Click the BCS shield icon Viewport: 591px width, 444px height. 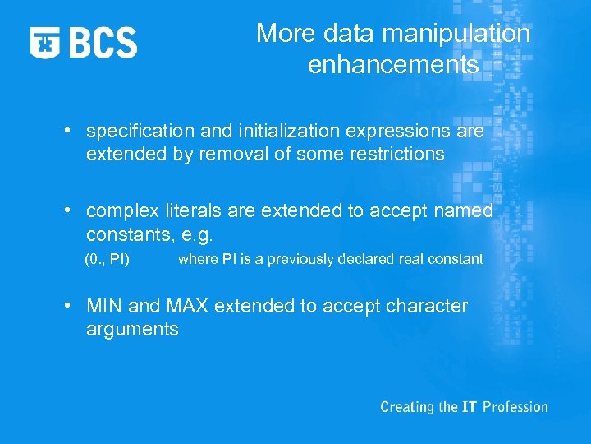[x=46, y=42]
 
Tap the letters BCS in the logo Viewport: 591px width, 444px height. [x=103, y=42]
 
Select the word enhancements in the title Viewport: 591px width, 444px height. [x=393, y=65]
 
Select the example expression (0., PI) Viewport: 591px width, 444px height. [x=108, y=259]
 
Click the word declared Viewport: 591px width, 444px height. [x=369, y=259]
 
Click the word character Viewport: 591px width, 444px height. [x=425, y=307]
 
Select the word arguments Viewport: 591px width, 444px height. [x=132, y=330]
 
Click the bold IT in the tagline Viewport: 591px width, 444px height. [x=468, y=407]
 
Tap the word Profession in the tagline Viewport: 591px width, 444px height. [x=515, y=407]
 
